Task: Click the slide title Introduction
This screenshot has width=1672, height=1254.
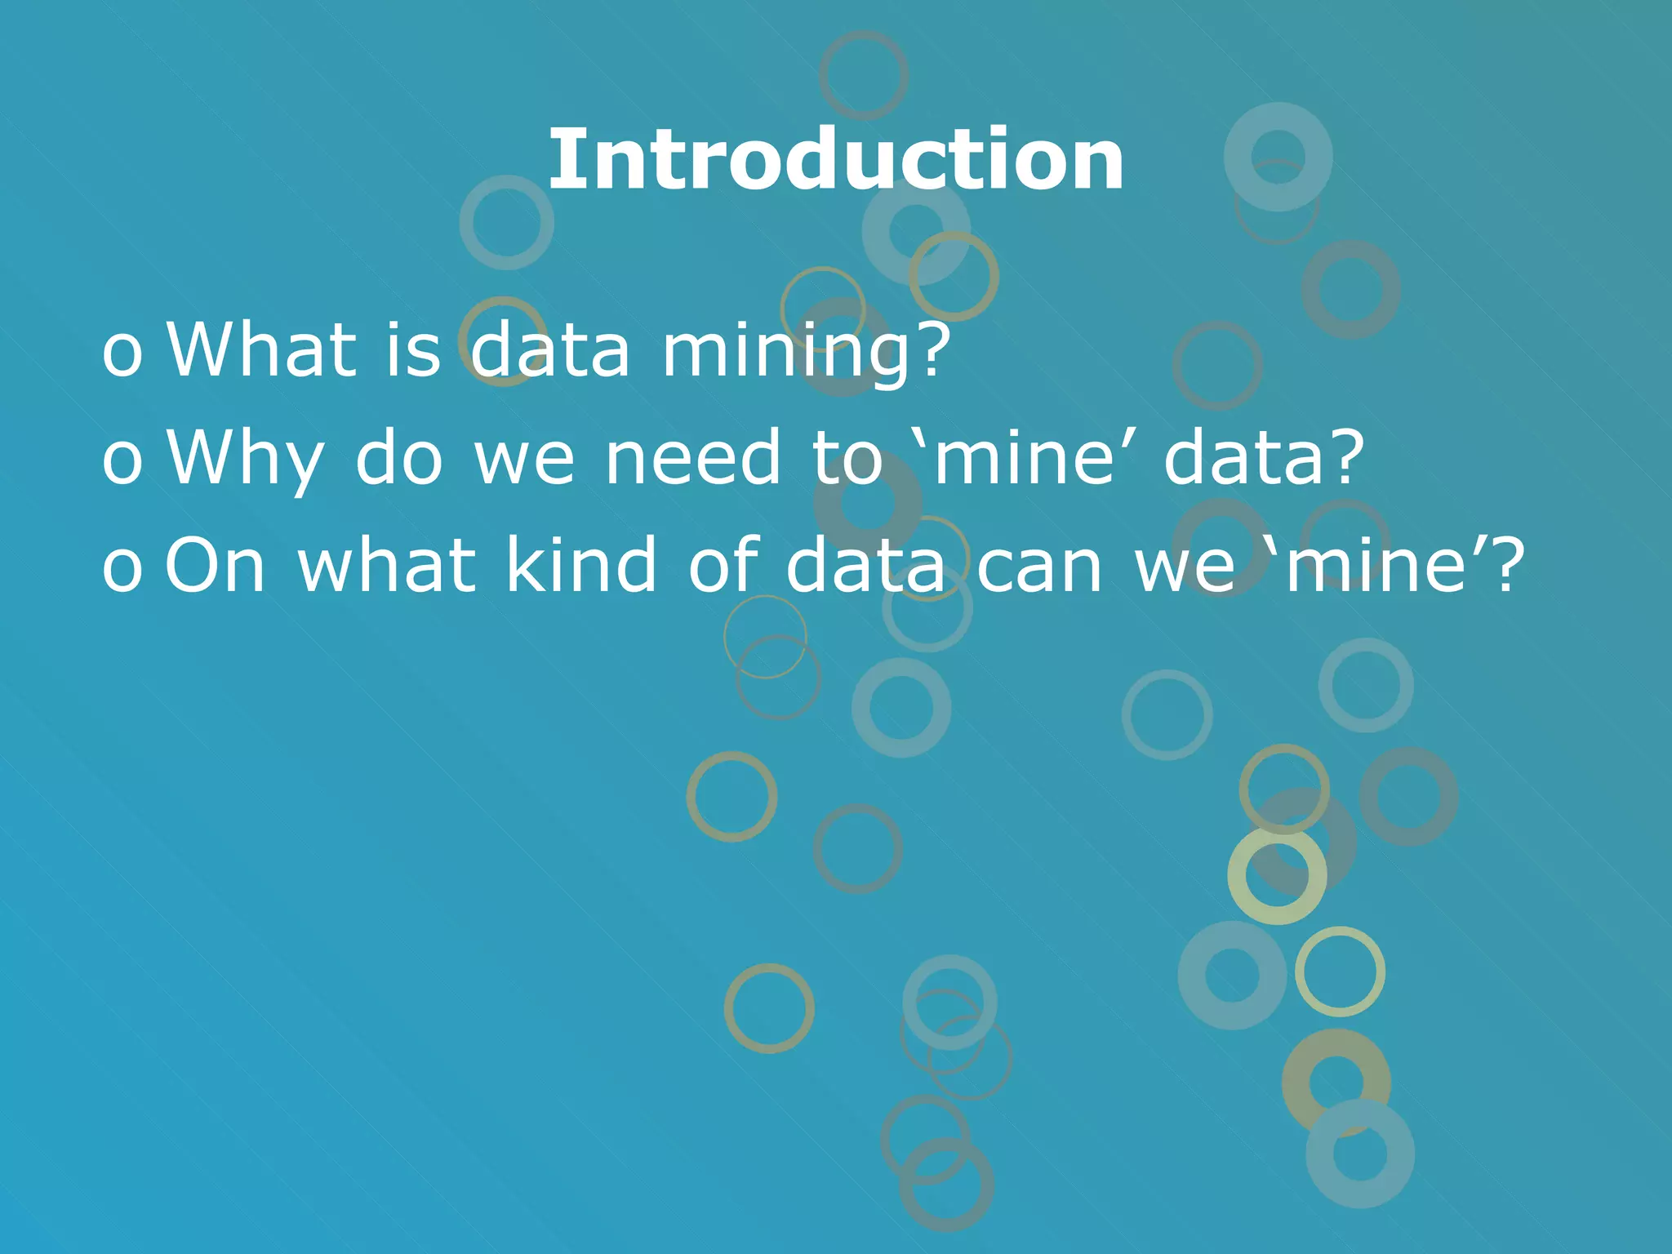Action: point(836,160)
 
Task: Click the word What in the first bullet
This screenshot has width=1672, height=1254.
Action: point(262,350)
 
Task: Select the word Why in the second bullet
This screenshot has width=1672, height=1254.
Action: point(246,459)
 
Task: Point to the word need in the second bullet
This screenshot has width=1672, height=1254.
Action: point(693,459)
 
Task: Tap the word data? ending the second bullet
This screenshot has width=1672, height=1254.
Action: point(1265,459)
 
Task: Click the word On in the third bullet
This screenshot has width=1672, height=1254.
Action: point(216,565)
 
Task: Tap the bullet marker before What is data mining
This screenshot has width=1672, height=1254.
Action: point(122,354)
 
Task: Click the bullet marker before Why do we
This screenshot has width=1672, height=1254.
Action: point(122,462)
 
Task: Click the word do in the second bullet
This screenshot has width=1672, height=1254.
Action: point(399,459)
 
